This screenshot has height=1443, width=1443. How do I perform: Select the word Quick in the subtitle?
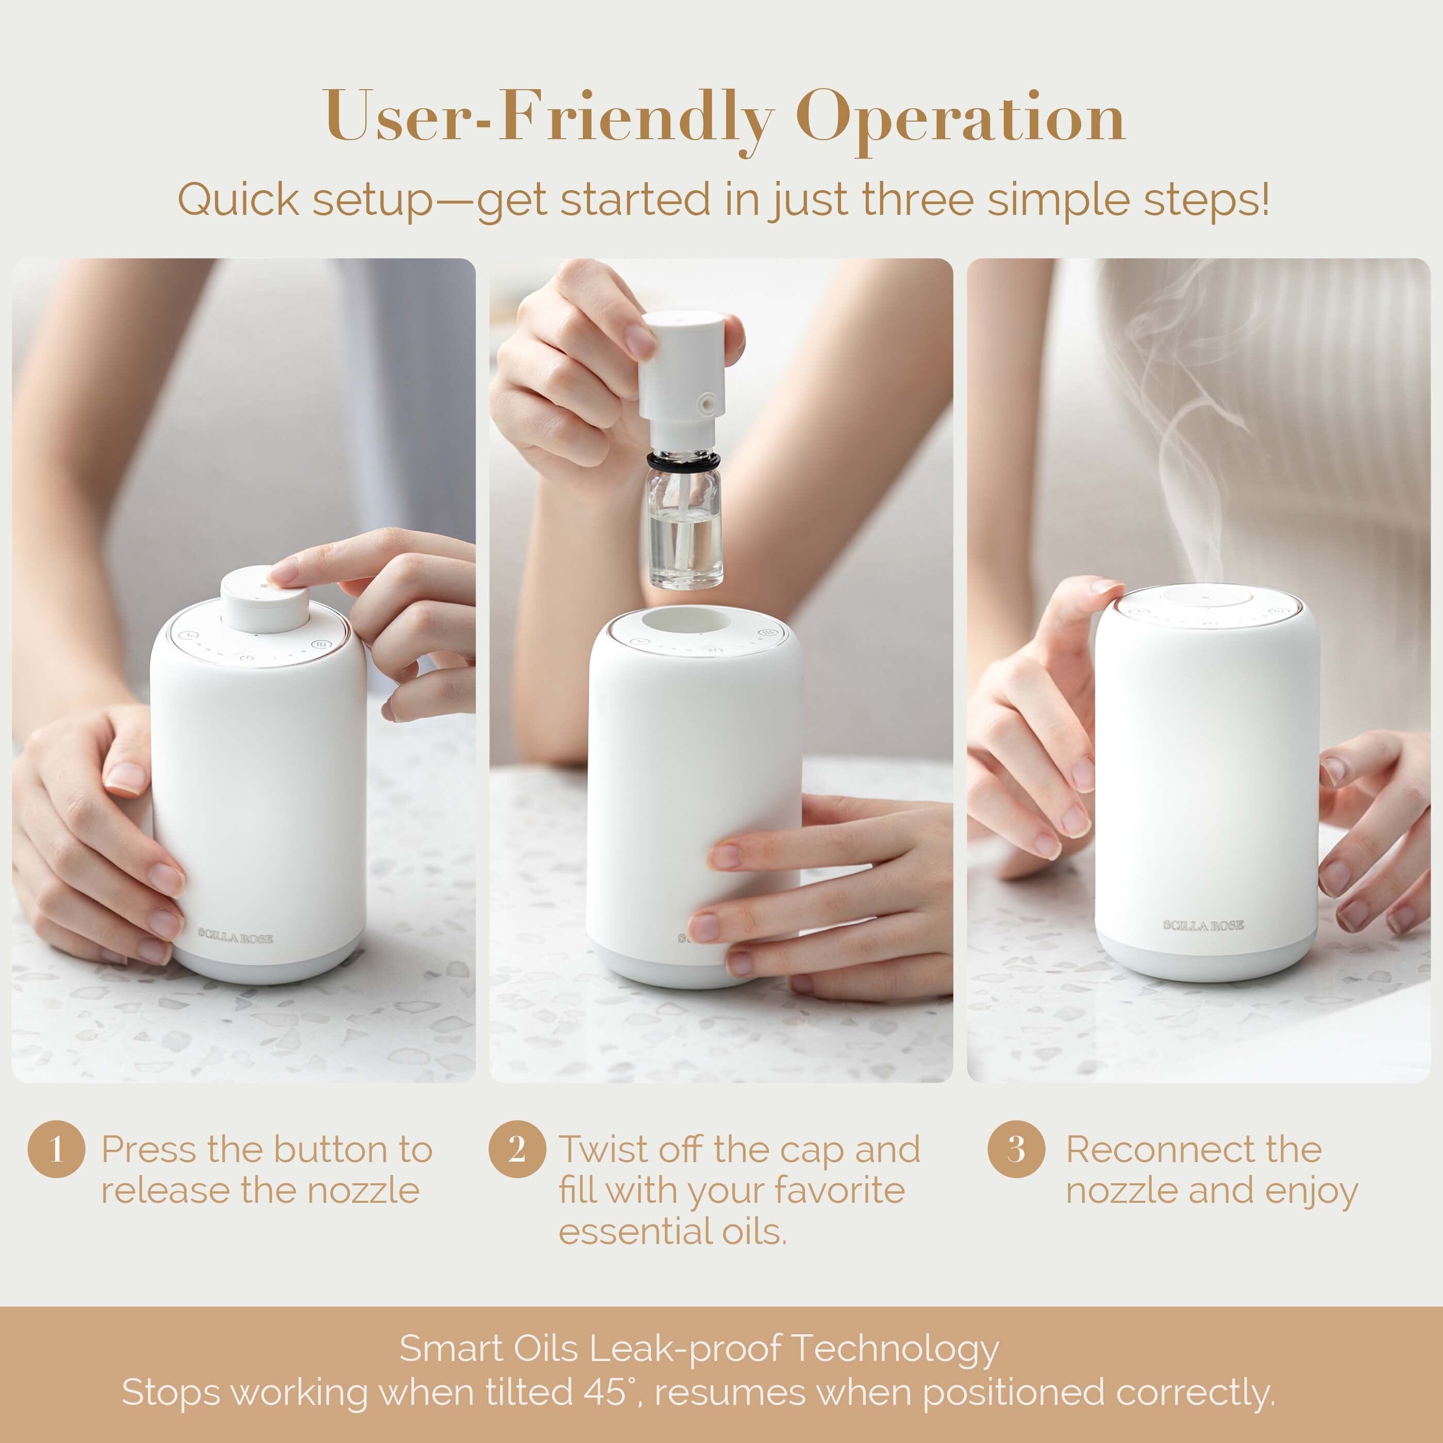tap(238, 199)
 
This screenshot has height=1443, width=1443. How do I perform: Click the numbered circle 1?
tap(56, 1149)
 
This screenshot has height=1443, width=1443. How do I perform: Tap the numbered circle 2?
tap(517, 1149)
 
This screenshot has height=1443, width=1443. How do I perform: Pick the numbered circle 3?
tap(1015, 1149)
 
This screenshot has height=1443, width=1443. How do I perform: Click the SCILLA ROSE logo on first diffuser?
tap(236, 936)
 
